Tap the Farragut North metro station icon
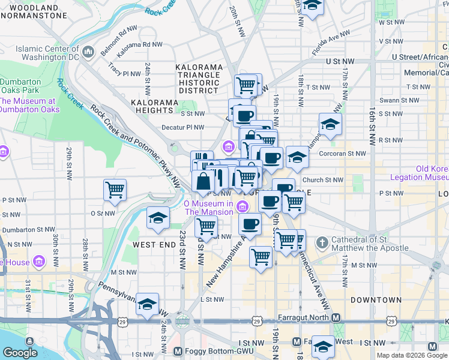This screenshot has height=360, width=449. tap(337, 317)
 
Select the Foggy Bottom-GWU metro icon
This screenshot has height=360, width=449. tap(178, 351)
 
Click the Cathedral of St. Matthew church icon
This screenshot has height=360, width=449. tap(322, 243)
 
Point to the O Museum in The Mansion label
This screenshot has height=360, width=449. tap(208, 208)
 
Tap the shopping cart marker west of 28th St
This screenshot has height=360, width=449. tap(115, 190)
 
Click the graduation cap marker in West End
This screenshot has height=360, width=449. tap(158, 217)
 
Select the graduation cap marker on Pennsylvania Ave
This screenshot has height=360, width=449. tap(147, 304)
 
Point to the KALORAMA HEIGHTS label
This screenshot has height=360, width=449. tap(155, 106)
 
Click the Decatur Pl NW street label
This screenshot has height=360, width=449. tap(183, 127)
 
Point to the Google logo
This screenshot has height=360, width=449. tap(20, 353)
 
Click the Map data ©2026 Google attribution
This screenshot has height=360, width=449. tap(412, 356)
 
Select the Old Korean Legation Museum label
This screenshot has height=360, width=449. tap(420, 173)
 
